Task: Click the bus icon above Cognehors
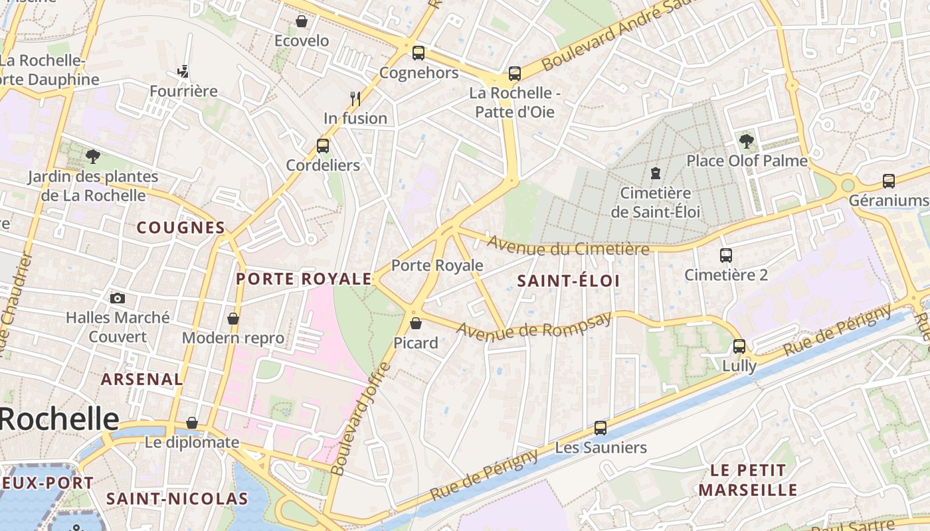418,53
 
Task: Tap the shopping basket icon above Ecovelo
302,22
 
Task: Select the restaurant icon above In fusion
355,99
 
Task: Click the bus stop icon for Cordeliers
323,146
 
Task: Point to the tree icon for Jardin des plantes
92,157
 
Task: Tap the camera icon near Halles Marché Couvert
118,298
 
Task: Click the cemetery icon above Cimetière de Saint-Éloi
656,174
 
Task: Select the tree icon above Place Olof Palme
746,141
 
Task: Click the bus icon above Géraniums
888,181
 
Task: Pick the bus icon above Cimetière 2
725,255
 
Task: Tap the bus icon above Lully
739,346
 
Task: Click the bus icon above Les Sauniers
600,428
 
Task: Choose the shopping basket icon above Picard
415,323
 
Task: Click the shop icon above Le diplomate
192,423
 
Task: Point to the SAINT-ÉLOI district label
568,281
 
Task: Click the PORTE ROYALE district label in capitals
304,279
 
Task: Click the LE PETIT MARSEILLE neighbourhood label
748,480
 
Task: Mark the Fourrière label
183,91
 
